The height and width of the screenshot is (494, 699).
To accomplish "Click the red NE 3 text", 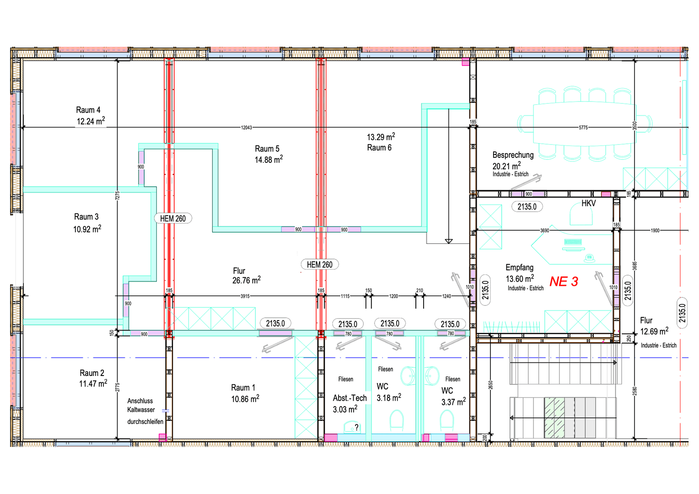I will pyautogui.click(x=564, y=281).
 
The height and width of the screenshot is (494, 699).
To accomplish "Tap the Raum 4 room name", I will pyautogui.click(x=88, y=110).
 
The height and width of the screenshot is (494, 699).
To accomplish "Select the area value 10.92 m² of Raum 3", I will pyautogui.click(x=87, y=229).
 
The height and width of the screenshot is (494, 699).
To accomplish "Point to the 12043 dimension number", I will pyautogui.click(x=247, y=128).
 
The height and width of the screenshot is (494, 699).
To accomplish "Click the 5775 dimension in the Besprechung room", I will pyautogui.click(x=583, y=128).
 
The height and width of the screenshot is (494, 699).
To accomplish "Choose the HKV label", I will pyautogui.click(x=588, y=203).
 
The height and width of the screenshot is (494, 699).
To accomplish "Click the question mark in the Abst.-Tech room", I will pyautogui.click(x=357, y=427).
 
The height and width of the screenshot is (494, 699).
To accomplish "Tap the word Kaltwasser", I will pyautogui.click(x=141, y=410).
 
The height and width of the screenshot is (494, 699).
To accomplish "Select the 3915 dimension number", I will pyautogui.click(x=245, y=296).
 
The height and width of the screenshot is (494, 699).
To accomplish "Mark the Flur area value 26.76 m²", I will pyautogui.click(x=246, y=280).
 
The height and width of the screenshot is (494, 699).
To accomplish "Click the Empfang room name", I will pyautogui.click(x=519, y=267).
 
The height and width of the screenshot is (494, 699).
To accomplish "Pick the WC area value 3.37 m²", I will pyautogui.click(x=453, y=402).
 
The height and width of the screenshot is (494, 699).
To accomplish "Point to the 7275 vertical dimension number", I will pyautogui.click(x=118, y=195).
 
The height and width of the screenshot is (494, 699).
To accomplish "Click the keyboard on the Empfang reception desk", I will pyautogui.click(x=573, y=242).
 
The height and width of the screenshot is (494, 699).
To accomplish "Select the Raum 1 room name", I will pyautogui.click(x=243, y=387).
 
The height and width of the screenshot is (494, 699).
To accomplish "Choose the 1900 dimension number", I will pyautogui.click(x=655, y=231).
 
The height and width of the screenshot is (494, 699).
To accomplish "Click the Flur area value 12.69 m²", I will pyautogui.click(x=654, y=331).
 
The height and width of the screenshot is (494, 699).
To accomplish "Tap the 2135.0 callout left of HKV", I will pyautogui.click(x=527, y=207).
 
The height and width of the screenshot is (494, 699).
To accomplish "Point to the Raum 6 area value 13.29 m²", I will pyautogui.click(x=381, y=137).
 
